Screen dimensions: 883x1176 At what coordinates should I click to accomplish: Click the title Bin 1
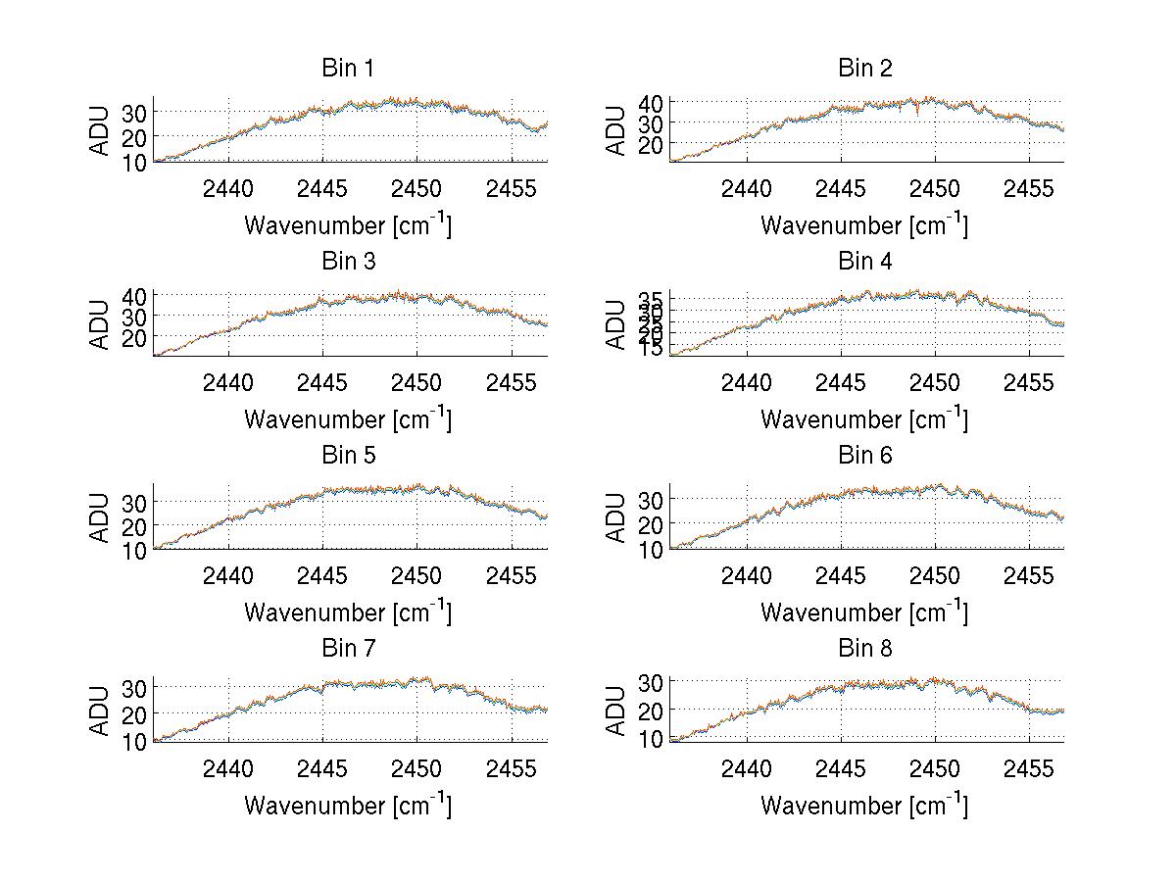click(x=347, y=68)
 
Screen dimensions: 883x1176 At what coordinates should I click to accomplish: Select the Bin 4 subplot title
click(x=864, y=261)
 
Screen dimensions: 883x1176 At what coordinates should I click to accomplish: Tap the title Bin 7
click(x=347, y=648)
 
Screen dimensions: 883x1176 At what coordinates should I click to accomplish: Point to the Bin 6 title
click(x=864, y=455)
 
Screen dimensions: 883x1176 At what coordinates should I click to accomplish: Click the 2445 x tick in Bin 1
click(x=322, y=188)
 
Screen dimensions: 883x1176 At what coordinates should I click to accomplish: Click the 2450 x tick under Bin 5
click(x=416, y=575)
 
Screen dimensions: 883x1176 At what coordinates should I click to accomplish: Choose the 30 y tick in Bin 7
click(x=134, y=687)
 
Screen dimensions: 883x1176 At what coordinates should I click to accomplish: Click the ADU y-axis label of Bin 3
click(x=100, y=323)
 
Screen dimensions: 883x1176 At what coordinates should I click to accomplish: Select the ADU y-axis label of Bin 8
click(x=616, y=711)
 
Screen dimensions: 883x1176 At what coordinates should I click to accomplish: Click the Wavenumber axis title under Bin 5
click(x=347, y=612)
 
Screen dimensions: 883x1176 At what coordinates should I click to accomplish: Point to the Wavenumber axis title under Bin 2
click(x=864, y=224)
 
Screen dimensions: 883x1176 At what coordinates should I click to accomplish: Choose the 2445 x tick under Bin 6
click(x=840, y=575)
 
